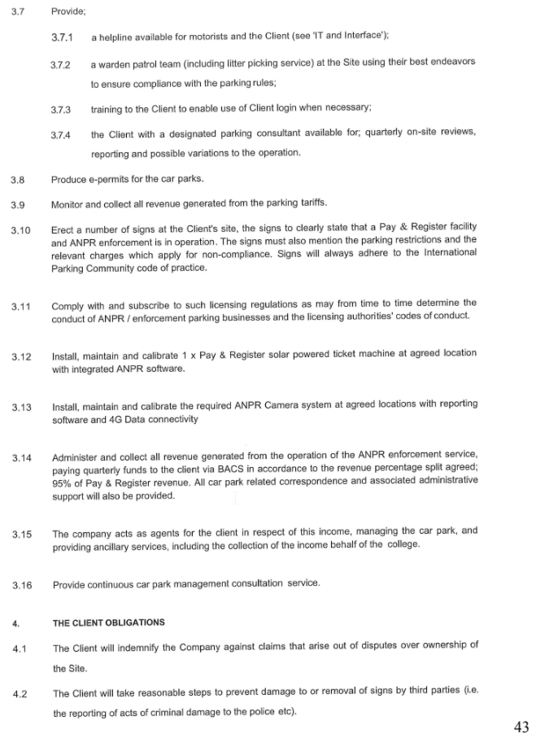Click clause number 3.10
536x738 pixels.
[x=21, y=230]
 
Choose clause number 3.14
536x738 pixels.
[x=22, y=458]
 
